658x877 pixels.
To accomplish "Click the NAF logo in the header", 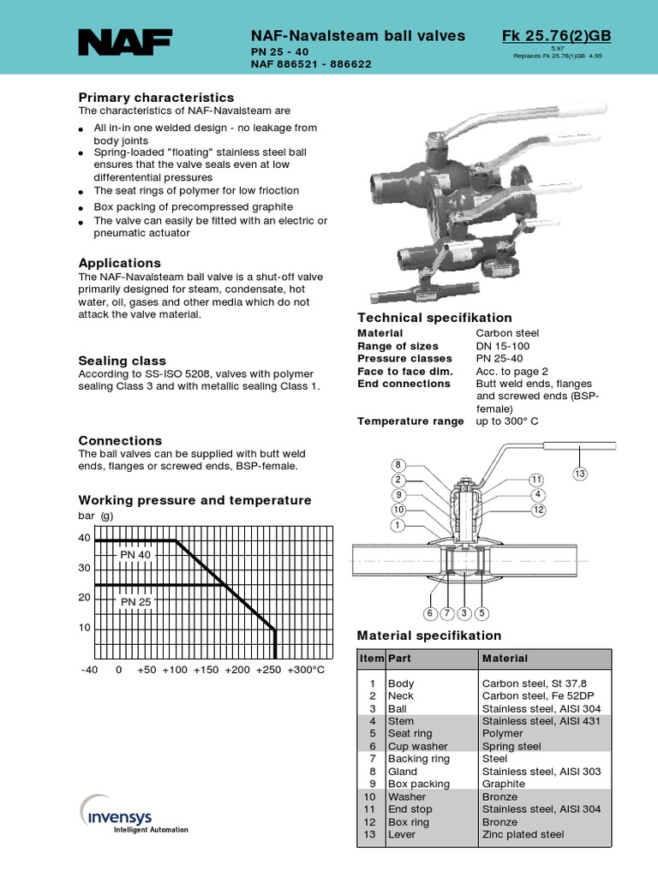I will [x=125, y=43].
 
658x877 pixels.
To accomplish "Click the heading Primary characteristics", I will [x=156, y=98].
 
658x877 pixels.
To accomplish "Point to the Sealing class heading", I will [x=123, y=361].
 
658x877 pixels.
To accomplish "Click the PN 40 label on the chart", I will [x=135, y=554].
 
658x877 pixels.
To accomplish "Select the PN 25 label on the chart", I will [x=135, y=601].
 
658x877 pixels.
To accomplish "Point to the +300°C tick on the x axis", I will [x=306, y=670].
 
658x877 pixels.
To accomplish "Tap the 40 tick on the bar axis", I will [x=84, y=538].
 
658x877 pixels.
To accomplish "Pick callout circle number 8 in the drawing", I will [x=398, y=465].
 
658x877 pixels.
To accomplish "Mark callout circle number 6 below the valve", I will [x=429, y=613].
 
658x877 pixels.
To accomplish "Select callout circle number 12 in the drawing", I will [x=537, y=510].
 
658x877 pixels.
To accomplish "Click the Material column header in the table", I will [x=505, y=659].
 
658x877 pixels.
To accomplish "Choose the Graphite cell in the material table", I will [x=504, y=784].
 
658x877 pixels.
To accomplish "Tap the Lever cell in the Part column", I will [x=403, y=834].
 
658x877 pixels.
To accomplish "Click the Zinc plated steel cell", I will [x=523, y=834].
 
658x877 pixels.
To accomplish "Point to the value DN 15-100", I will [x=505, y=345].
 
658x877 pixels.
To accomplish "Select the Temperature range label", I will [x=410, y=421].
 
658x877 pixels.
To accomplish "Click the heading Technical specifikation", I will [x=434, y=318].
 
